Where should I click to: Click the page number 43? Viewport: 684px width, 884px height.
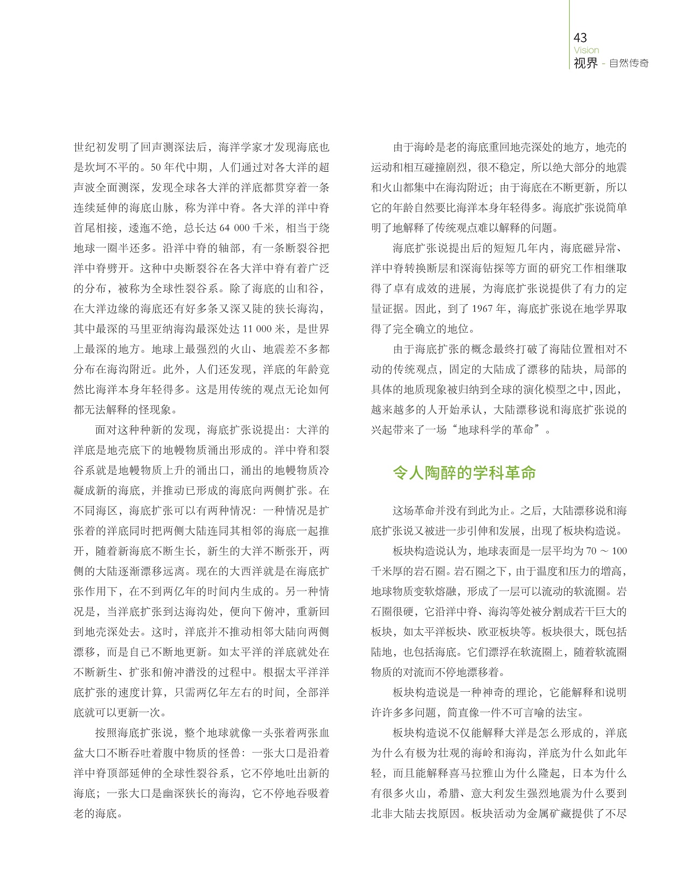click(581, 38)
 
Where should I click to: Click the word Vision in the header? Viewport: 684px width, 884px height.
click(587, 50)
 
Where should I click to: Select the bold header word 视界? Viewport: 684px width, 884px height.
click(586, 63)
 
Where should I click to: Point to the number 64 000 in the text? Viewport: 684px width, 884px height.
click(234, 228)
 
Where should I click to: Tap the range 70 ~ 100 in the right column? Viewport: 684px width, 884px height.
click(606, 551)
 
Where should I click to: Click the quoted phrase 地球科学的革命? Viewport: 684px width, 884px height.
click(495, 430)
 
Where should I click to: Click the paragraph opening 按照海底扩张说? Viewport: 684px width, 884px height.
click(134, 733)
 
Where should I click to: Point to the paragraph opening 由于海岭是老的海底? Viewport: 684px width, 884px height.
click(442, 148)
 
